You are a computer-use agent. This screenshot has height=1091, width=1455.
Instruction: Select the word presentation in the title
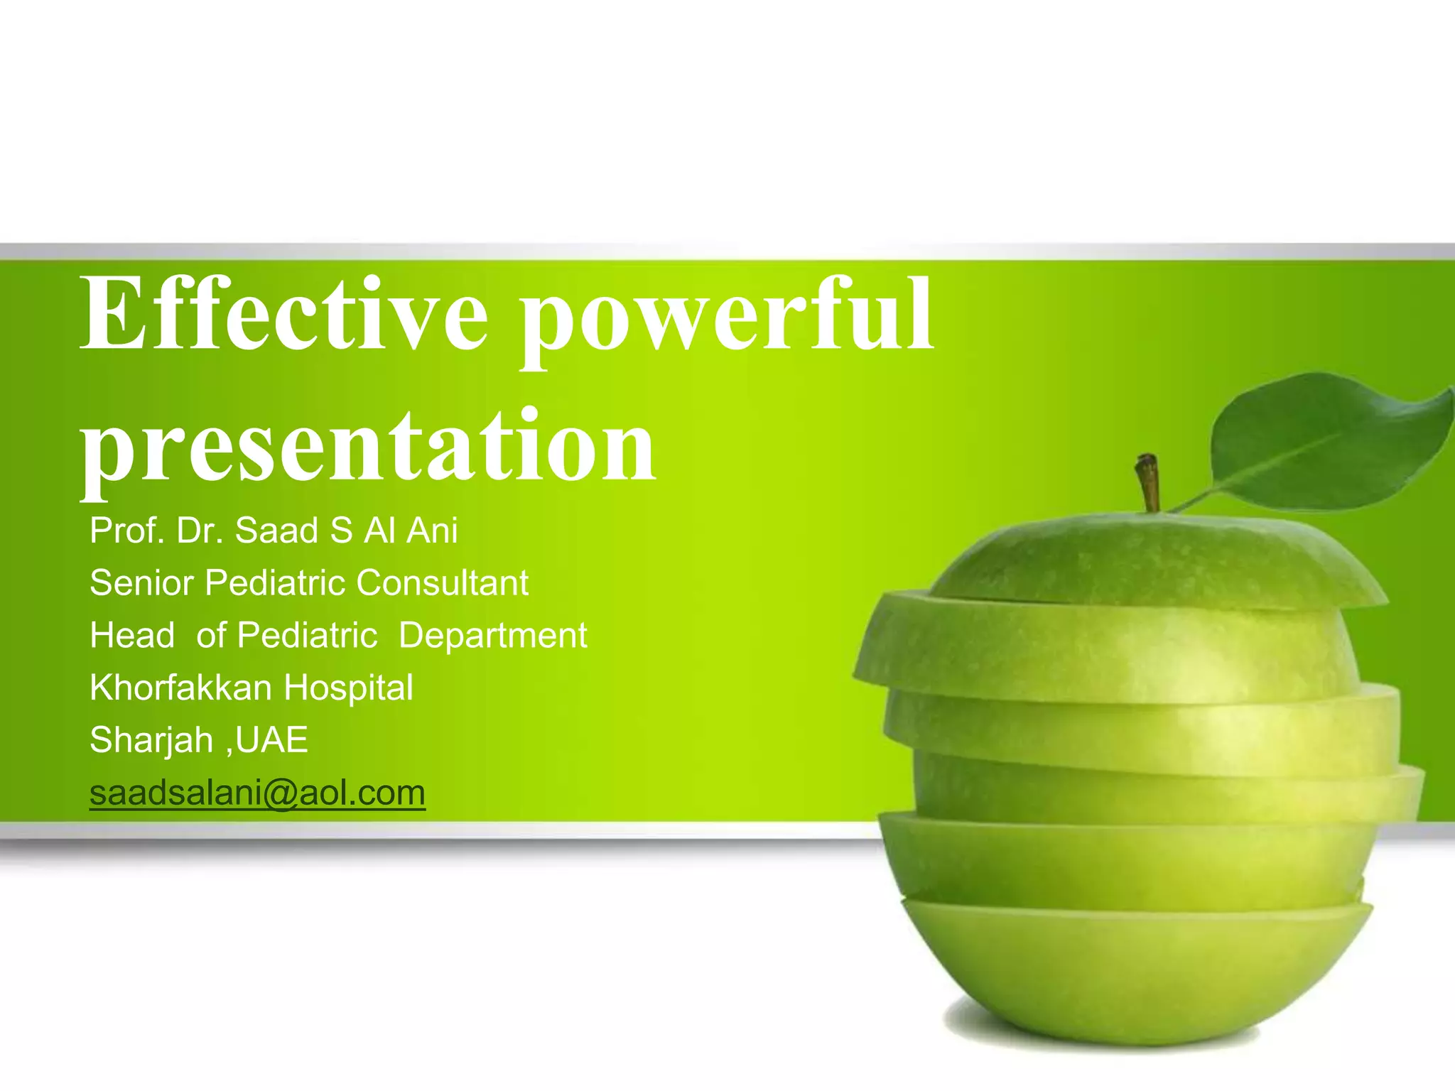pos(368,446)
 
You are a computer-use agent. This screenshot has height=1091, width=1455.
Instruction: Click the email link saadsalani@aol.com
pos(257,793)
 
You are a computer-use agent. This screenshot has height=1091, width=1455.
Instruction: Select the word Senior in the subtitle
pos(141,583)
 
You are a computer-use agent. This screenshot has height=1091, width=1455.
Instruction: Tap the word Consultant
pos(442,583)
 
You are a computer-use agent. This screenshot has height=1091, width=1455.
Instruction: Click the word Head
pos(132,635)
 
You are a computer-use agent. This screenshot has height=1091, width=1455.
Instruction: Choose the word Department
pos(492,636)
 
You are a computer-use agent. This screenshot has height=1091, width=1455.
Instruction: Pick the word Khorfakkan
pos(180,688)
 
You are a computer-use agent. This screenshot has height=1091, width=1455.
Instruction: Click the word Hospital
pos(348,688)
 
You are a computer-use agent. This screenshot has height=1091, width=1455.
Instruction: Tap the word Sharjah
pos(151,740)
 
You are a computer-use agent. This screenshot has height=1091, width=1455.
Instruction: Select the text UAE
pos(271,740)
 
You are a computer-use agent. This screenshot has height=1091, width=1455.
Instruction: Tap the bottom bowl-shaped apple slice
pos(1137,973)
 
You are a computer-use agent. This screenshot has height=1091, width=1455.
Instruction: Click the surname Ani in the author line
pos(432,531)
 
